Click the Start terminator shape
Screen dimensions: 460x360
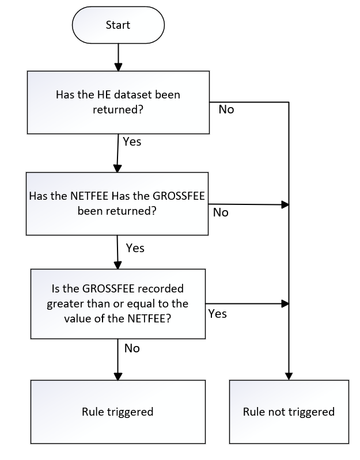tap(118, 25)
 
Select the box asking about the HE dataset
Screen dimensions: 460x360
tap(118, 101)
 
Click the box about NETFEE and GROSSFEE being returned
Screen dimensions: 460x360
tap(118, 203)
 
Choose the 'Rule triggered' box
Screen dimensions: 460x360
tap(118, 412)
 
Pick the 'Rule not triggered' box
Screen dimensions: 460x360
tap(289, 412)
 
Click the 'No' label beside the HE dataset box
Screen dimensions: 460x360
tap(226, 109)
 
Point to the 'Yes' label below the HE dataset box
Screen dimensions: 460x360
tap(132, 140)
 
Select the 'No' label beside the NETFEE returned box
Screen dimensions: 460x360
tap(221, 212)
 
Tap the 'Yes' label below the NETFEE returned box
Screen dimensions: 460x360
tap(135, 248)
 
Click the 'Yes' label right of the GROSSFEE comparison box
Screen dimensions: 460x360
tap(217, 314)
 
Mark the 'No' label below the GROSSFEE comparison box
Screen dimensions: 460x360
tap(132, 348)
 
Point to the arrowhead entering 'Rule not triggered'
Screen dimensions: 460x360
tap(289, 375)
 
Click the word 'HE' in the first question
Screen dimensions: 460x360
tap(105, 95)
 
